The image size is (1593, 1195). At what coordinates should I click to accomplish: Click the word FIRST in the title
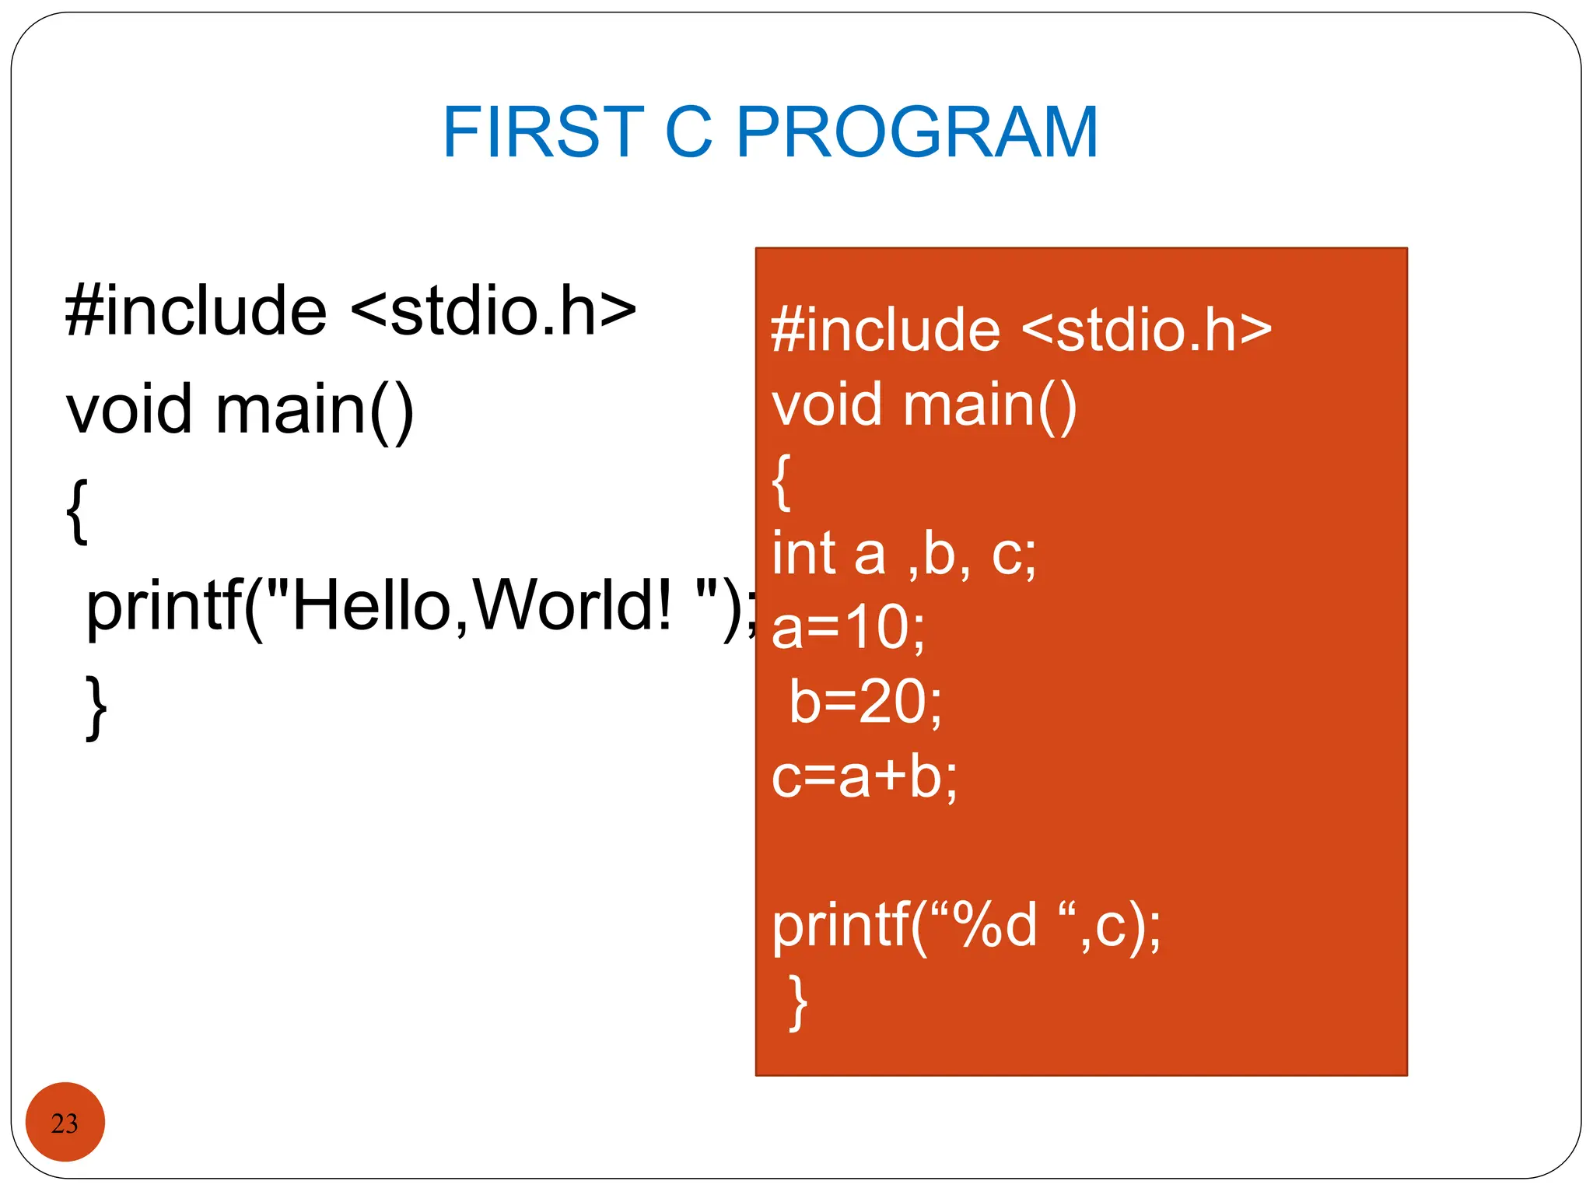(x=542, y=132)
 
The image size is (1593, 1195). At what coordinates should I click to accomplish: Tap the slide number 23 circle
(x=65, y=1123)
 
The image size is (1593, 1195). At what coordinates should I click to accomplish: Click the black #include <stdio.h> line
(x=350, y=310)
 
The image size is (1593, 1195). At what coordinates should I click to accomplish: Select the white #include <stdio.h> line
(x=1021, y=330)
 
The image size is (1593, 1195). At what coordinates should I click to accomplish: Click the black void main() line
(x=240, y=410)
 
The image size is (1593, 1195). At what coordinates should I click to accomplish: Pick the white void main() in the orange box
(x=923, y=405)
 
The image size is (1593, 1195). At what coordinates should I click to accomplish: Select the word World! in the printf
(x=571, y=606)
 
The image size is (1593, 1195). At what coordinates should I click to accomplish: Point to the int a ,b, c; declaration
(x=903, y=554)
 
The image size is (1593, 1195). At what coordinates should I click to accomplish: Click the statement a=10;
(x=848, y=627)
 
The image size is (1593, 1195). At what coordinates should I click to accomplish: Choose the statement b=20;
(x=865, y=702)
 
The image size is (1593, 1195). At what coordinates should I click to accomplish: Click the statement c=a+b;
(x=864, y=776)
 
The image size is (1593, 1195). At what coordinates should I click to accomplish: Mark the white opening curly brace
(x=781, y=482)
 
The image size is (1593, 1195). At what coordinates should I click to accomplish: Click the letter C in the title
(x=688, y=132)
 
